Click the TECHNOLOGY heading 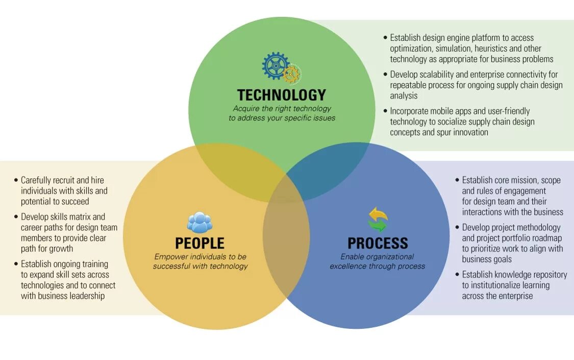coord(281,95)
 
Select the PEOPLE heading coord(199,243)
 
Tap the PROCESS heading coord(378,243)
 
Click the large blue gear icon coord(276,66)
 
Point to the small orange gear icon coord(291,74)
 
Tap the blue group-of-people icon coord(199,223)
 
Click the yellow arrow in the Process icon coord(378,213)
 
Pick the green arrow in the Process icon coord(378,225)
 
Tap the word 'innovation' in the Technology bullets coord(468,132)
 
